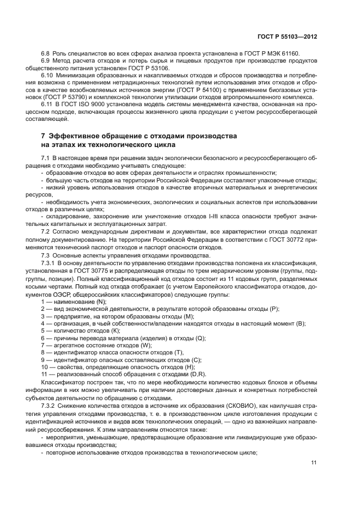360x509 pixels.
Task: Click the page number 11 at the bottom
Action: [314, 463]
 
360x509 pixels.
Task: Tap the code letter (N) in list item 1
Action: [100, 302]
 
